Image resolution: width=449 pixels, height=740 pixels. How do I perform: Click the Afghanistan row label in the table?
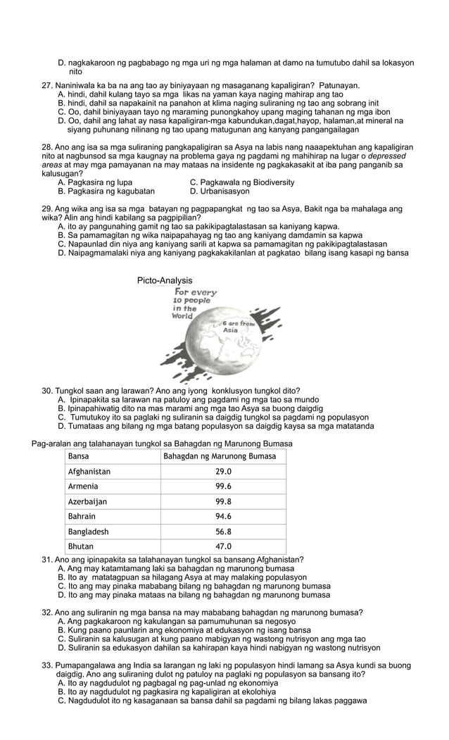[89, 472]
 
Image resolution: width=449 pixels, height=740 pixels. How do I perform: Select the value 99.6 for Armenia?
[224, 487]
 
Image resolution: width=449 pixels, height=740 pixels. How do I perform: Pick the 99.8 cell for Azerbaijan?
[224, 502]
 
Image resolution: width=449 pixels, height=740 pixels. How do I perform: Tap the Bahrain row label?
[82, 517]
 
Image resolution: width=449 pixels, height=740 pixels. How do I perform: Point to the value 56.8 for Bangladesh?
[224, 532]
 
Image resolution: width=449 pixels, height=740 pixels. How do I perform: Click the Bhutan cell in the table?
[80, 546]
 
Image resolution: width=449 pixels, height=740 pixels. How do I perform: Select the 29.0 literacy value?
[224, 472]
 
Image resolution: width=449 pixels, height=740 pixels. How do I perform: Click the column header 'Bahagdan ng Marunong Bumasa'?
[220, 456]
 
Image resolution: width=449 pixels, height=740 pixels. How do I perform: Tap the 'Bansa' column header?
[79, 456]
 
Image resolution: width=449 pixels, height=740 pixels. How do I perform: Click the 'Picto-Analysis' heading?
[165, 281]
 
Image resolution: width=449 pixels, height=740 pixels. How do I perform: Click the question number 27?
[48, 86]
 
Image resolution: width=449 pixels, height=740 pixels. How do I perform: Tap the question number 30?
[48, 391]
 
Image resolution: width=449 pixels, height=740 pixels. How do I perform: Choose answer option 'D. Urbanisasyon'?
[220, 191]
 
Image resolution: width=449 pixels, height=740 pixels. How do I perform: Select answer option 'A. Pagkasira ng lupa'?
[95, 182]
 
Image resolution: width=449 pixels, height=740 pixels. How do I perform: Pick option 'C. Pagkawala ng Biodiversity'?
[242, 182]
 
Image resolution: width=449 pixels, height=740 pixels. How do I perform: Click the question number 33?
[48, 665]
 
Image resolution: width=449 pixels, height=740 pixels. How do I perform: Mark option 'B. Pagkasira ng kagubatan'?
[106, 191]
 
